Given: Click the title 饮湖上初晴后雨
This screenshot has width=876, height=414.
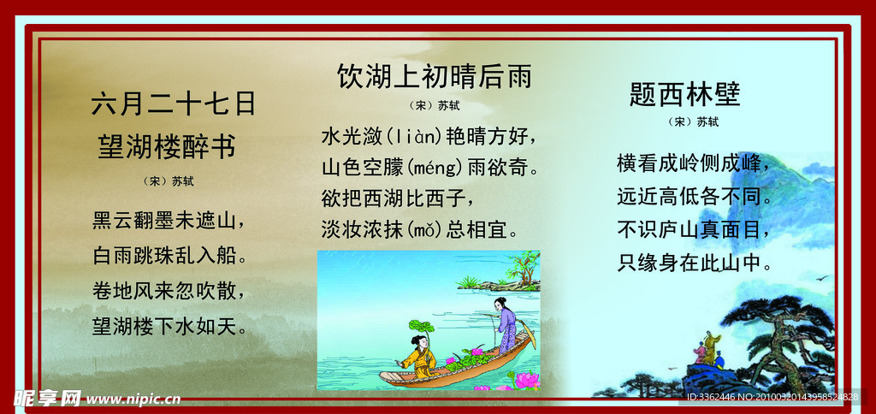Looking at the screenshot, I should point(435,77).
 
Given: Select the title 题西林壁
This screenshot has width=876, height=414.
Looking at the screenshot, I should point(684,93).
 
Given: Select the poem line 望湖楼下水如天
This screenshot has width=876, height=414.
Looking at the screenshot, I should point(169,325).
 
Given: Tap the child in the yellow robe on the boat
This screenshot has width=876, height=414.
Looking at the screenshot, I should point(420,356).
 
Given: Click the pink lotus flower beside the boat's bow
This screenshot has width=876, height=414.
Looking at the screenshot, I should point(524,380).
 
